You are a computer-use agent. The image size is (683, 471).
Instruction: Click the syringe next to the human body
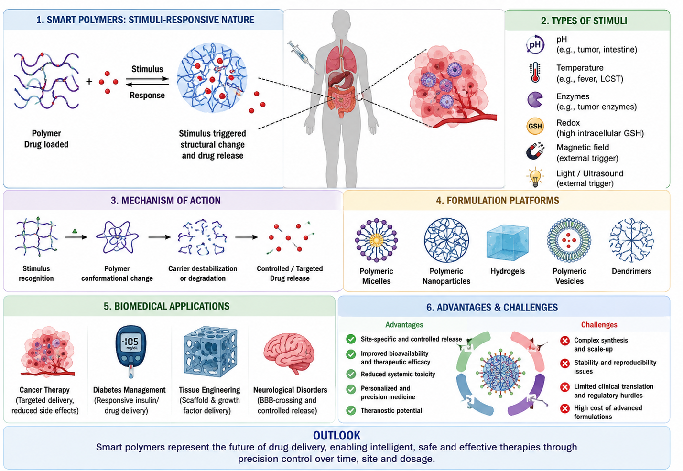coord(303,57)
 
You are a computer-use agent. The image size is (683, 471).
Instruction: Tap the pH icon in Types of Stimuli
coord(535,44)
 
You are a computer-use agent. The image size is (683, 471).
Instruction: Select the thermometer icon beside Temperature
coord(535,73)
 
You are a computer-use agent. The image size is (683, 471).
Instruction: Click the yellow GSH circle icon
coord(535,126)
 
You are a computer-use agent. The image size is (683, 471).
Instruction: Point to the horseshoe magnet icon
coord(535,151)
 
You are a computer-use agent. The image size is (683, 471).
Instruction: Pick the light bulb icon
coord(535,177)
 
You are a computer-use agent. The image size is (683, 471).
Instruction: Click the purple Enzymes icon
coord(535,100)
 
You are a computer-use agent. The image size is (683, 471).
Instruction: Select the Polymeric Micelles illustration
coord(376,240)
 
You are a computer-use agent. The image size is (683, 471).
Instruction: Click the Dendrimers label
coord(631,271)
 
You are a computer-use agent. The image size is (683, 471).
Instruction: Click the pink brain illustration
coord(289,353)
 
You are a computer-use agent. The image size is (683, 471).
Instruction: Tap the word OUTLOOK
coord(336,435)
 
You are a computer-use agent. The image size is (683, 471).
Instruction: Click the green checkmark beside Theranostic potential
coord(351,410)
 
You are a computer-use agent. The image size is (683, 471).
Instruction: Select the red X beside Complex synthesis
coord(564,340)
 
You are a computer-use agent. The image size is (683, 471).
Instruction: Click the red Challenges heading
coord(599,325)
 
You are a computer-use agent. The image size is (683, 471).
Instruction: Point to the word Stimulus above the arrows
coord(147,69)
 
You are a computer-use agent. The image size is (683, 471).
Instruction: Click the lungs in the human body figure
coord(341,58)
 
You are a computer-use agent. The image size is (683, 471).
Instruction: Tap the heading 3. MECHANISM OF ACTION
coord(165,201)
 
